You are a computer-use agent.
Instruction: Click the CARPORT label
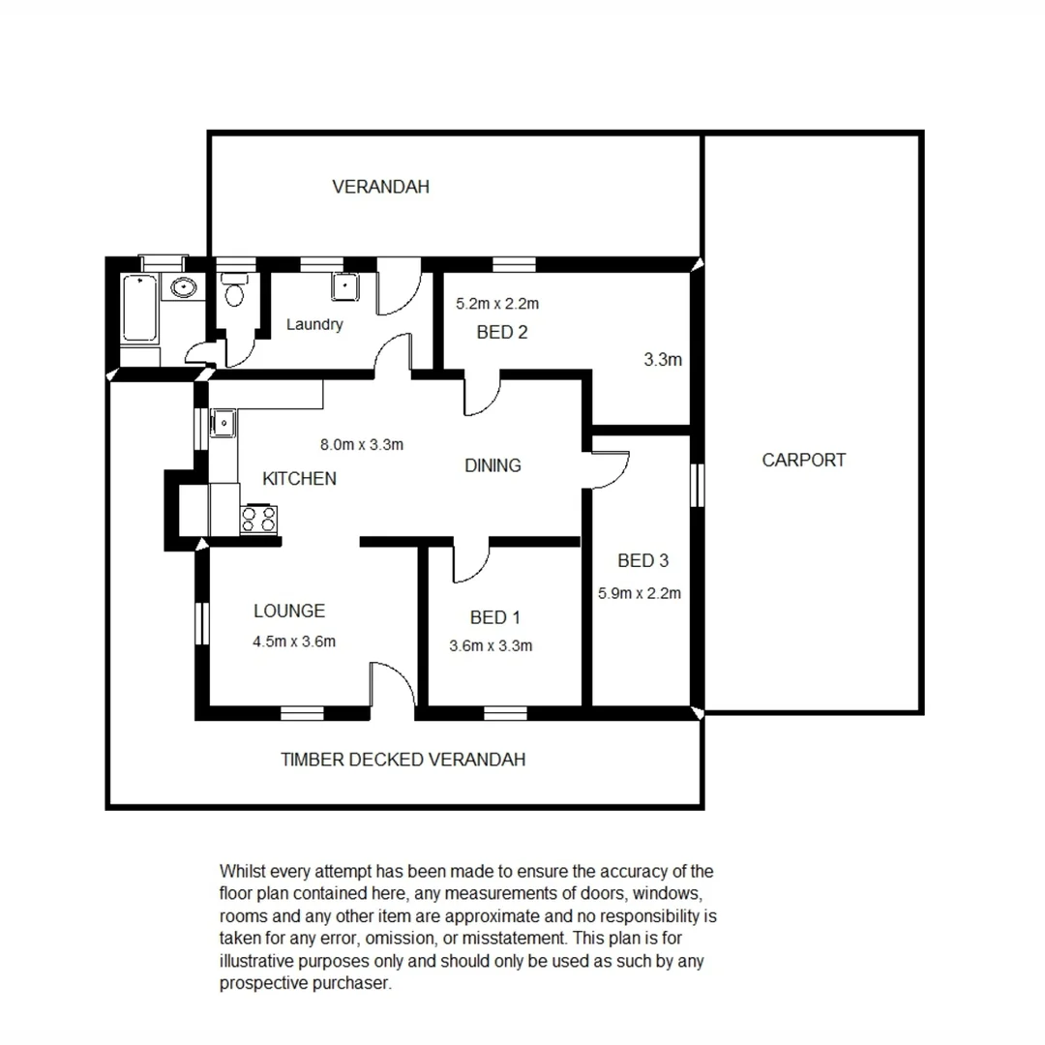(803, 461)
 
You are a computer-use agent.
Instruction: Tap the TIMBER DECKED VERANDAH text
(403, 760)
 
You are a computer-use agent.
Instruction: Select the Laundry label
(314, 325)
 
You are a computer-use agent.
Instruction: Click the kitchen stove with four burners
(258, 519)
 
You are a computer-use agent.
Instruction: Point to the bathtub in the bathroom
(140, 308)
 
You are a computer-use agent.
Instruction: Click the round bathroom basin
(182, 286)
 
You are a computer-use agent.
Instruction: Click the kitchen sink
(224, 423)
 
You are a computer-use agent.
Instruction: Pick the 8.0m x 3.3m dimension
(362, 445)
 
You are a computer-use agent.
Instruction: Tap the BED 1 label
(494, 617)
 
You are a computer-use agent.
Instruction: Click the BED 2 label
(502, 333)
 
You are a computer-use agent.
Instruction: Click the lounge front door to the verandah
(393, 689)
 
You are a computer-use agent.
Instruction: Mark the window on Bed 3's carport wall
(696, 484)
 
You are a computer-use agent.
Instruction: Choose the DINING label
(493, 465)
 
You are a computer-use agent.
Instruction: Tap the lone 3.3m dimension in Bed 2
(663, 360)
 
